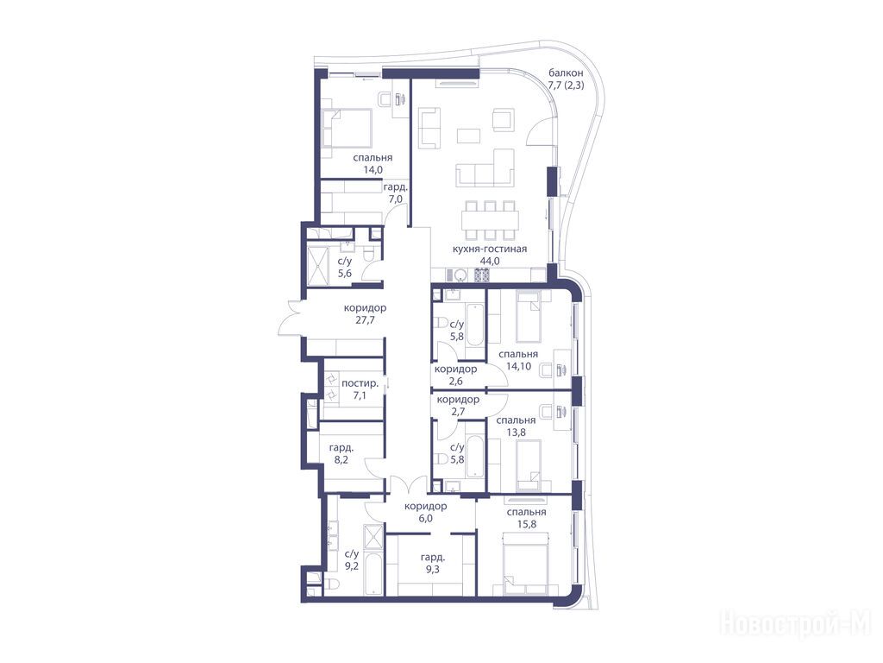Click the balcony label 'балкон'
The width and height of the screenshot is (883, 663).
click(x=566, y=73)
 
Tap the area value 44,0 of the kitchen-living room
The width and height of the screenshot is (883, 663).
click(x=490, y=261)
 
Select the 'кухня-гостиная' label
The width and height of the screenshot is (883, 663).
click(x=490, y=249)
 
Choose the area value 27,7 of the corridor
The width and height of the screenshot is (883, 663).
click(x=365, y=320)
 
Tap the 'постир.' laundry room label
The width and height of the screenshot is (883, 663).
click(x=360, y=383)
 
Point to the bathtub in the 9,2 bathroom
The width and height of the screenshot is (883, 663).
click(x=373, y=574)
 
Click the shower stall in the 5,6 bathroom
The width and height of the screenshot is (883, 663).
click(x=317, y=264)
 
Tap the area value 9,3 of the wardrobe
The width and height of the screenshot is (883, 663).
click(x=433, y=570)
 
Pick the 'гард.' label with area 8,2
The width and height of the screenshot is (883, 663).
click(x=341, y=448)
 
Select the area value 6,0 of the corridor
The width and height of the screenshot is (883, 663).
click(x=426, y=518)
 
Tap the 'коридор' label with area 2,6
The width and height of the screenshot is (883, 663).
click(x=455, y=369)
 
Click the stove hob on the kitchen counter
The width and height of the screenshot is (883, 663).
click(x=483, y=275)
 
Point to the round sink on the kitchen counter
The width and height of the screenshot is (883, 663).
click(x=460, y=275)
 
